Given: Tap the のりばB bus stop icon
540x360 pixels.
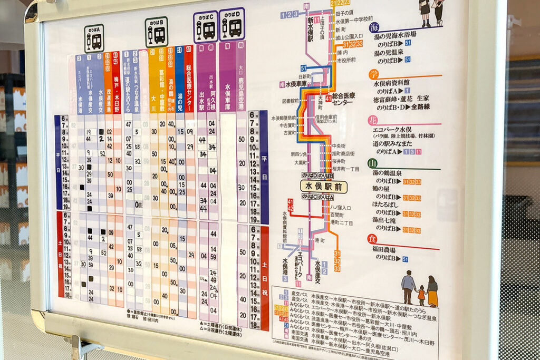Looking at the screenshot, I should click(157, 32).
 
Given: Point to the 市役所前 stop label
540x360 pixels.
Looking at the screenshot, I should click(345, 60).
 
